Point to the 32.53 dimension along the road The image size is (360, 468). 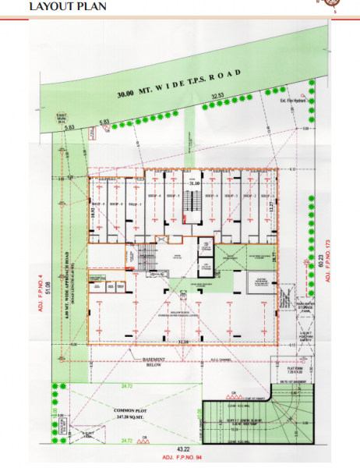pyautogui.click(x=217, y=96)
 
